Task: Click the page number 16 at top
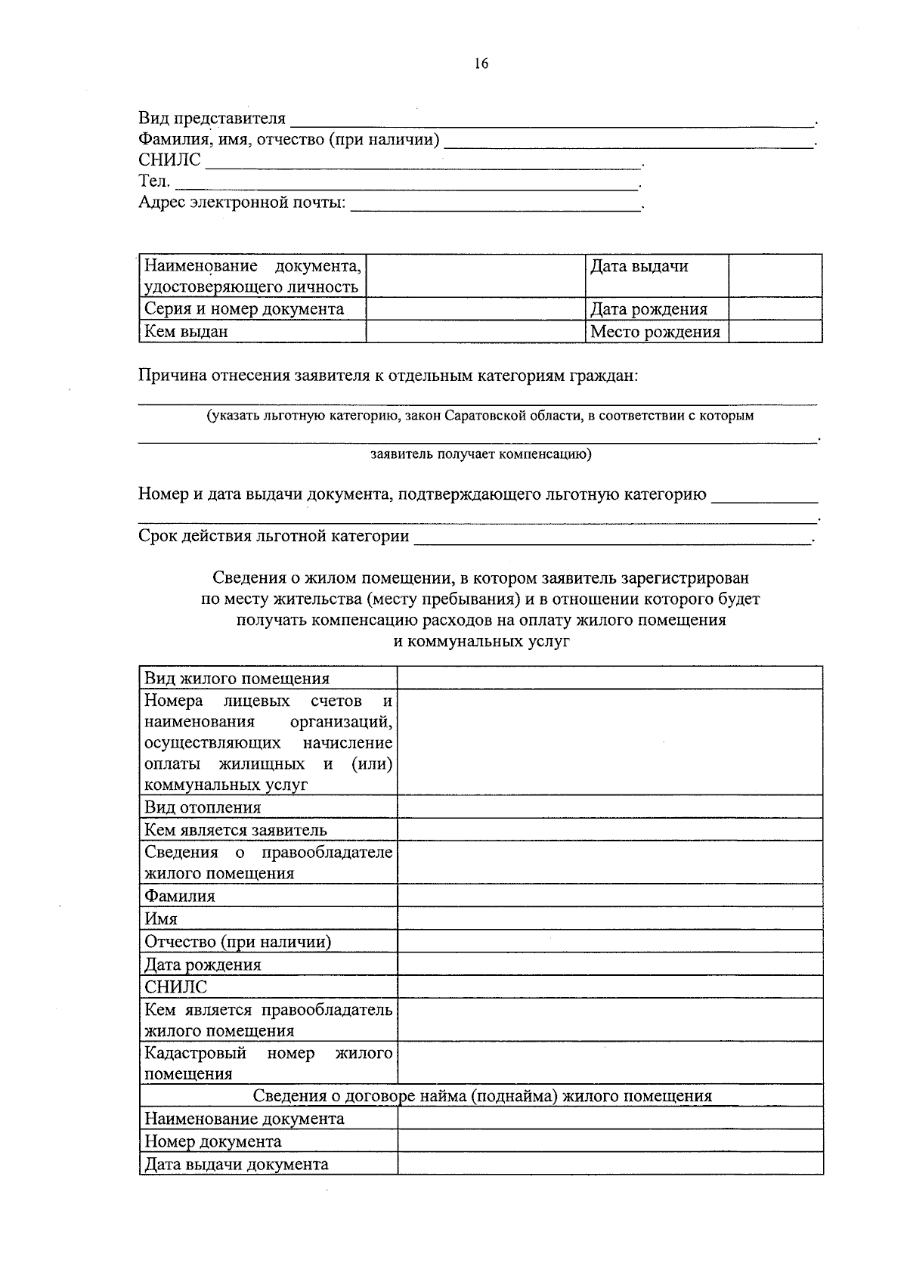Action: [x=481, y=63]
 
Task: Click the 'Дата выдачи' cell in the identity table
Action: [x=639, y=267]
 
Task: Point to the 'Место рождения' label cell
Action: [x=655, y=332]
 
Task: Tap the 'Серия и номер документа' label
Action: [x=244, y=309]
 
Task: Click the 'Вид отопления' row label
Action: [x=203, y=807]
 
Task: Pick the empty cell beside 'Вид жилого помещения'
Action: [x=609, y=678]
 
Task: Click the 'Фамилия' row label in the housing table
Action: [x=180, y=896]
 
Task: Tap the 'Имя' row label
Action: [x=161, y=919]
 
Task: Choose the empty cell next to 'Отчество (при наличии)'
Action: [x=609, y=942]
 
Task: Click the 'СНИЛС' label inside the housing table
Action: [x=175, y=987]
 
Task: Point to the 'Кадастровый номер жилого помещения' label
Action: [x=268, y=1063]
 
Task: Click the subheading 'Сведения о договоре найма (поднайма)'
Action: [x=481, y=1096]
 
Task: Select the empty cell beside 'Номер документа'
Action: [x=609, y=1141]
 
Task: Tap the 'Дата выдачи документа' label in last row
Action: [x=237, y=1164]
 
